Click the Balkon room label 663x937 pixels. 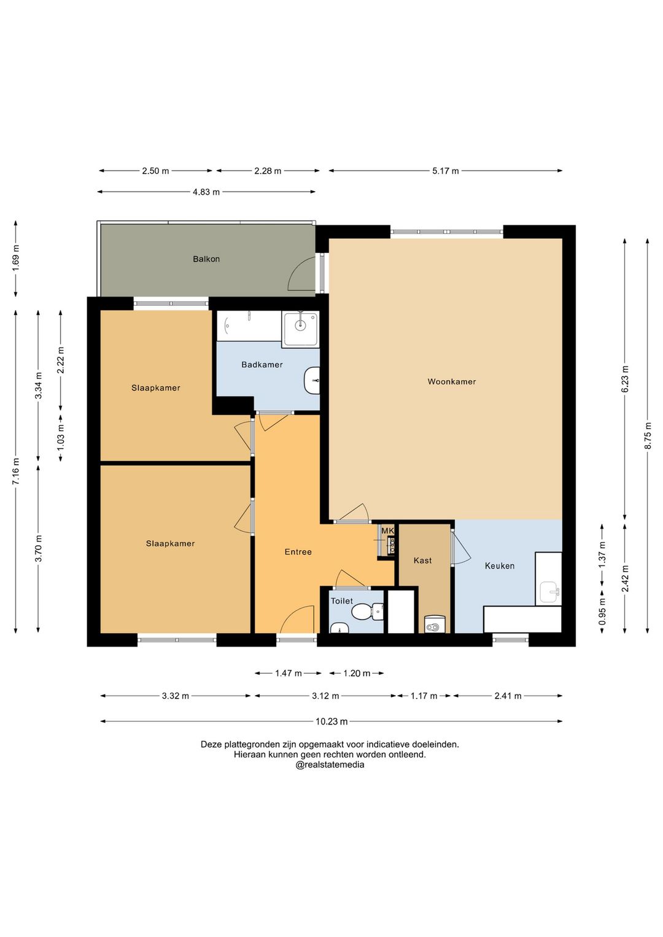[x=206, y=259]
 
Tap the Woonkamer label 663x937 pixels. [x=451, y=381]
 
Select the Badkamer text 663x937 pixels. [x=262, y=365]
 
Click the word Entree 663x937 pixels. [x=298, y=552]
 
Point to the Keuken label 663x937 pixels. [x=500, y=566]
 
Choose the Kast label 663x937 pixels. [x=422, y=560]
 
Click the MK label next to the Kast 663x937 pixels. [x=387, y=531]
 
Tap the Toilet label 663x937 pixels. [x=342, y=601]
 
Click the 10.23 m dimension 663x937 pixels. [x=331, y=721]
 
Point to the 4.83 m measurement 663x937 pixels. [x=206, y=192]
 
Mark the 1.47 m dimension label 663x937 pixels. [x=288, y=673]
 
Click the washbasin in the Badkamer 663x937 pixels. [x=311, y=380]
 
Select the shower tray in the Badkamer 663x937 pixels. [x=300, y=329]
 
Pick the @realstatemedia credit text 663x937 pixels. [x=330, y=764]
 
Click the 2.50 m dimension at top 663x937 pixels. [x=155, y=171]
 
